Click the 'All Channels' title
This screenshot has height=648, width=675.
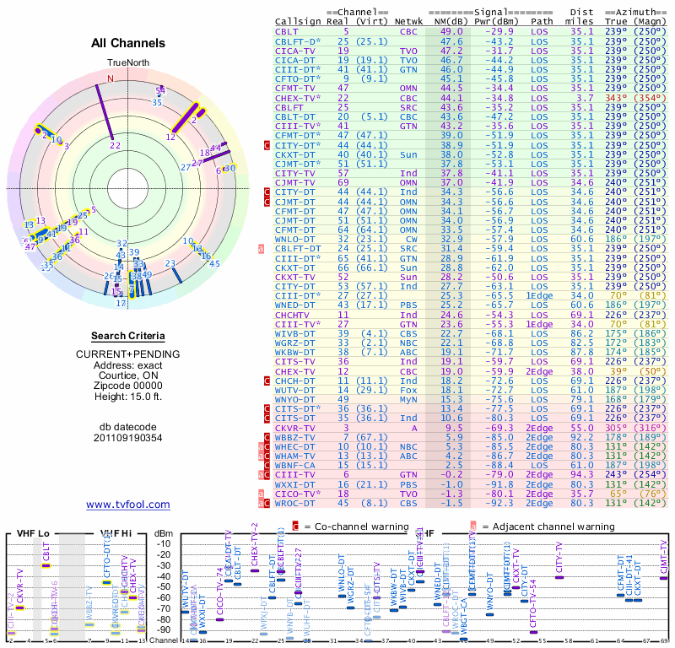point(127,43)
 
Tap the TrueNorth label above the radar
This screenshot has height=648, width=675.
point(127,63)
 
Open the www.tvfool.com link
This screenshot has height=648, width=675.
point(127,505)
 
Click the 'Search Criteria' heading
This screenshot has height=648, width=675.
point(127,335)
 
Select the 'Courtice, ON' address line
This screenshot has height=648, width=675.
point(127,376)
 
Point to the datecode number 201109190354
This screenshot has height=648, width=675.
point(127,437)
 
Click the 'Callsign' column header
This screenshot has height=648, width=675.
point(300,22)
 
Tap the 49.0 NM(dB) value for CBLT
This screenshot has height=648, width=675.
point(451,31)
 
